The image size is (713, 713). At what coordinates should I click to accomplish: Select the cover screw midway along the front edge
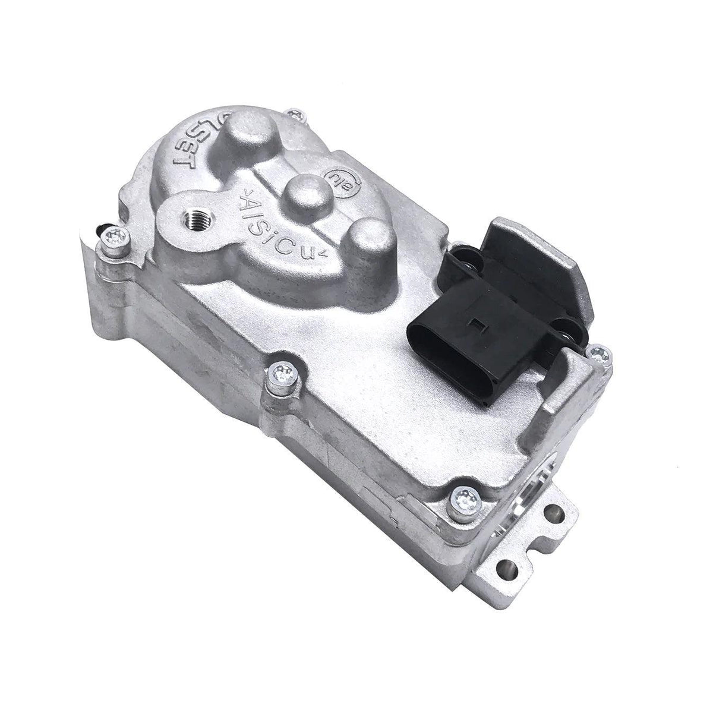(278, 374)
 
